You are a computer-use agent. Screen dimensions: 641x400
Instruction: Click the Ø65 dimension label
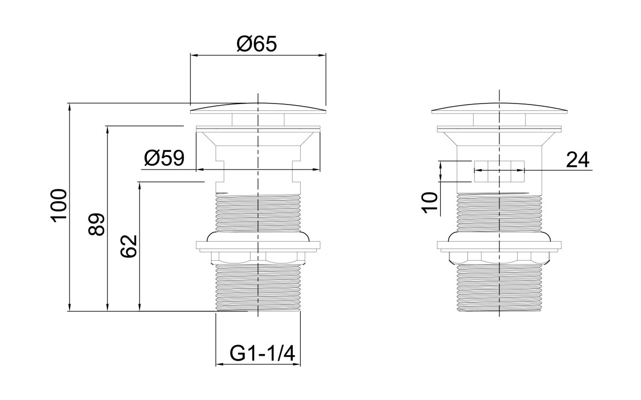(257, 44)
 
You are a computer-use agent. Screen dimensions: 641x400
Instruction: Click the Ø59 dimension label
(165, 158)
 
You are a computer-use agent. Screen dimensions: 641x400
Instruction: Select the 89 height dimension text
(97, 225)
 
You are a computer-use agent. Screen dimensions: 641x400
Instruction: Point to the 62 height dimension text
(129, 246)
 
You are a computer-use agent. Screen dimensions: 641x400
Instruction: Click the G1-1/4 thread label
(262, 354)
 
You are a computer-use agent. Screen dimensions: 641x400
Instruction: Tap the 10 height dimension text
(430, 203)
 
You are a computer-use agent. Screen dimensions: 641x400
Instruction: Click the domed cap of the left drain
(258, 108)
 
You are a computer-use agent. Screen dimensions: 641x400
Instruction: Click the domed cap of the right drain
(499, 108)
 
